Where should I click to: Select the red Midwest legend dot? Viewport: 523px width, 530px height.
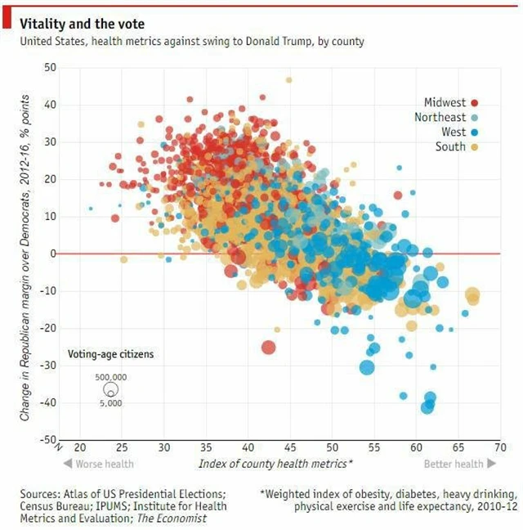(474, 103)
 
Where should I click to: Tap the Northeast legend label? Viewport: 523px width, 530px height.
(440, 118)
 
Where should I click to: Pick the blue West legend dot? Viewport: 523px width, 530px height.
(474, 132)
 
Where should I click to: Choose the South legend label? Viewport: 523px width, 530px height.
(450, 147)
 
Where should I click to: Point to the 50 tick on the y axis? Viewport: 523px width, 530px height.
(50, 67)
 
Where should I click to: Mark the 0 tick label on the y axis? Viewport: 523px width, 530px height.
(52, 254)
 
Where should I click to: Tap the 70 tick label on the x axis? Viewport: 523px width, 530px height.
(500, 448)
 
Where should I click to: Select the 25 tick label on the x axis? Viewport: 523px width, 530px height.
(122, 448)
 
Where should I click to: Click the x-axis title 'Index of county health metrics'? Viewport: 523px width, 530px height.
(275, 465)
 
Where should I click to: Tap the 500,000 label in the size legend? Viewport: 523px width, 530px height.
(110, 377)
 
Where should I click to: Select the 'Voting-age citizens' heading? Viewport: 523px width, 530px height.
(110, 354)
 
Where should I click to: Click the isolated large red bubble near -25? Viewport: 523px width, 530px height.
(268, 348)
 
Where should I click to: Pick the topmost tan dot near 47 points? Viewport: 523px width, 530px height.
(288, 80)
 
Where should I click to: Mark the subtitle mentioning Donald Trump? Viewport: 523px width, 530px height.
(192, 41)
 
